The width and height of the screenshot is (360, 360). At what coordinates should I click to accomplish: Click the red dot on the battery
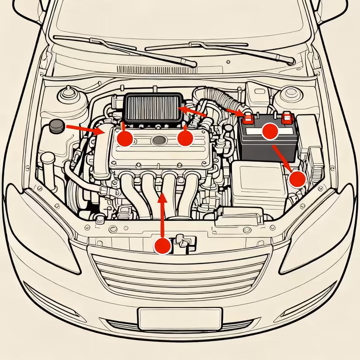point(270,131)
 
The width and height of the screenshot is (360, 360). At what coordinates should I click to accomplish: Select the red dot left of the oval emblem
point(124,138)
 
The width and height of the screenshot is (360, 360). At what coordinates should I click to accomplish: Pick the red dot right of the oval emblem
point(185,138)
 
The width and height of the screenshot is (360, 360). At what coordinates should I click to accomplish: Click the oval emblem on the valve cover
point(157,139)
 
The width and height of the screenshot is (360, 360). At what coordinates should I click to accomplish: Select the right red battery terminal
point(286,118)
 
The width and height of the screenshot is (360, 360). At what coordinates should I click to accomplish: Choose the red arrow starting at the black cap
point(82,129)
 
